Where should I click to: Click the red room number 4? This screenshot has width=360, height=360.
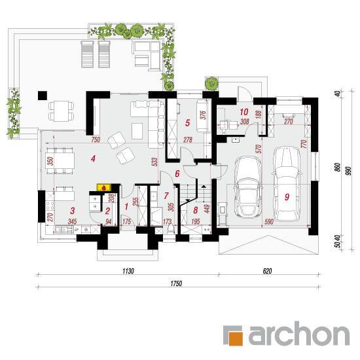[x=93, y=158]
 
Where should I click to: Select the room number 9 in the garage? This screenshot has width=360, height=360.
[x=287, y=197]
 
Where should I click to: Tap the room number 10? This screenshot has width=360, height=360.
[x=244, y=112]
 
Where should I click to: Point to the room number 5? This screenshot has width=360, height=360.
[x=188, y=123]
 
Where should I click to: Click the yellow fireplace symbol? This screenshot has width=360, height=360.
[x=104, y=187]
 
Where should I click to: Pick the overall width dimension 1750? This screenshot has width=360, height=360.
[x=176, y=283]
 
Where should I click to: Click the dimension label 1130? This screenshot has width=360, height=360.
[x=128, y=271]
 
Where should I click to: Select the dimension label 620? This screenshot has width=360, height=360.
[x=267, y=271]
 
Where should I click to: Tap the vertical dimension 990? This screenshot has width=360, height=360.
[x=349, y=171]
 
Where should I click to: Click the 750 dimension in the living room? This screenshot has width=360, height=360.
[x=96, y=139]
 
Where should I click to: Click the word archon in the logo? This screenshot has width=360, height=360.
[x=299, y=334]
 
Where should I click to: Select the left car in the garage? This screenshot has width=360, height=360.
[x=247, y=187]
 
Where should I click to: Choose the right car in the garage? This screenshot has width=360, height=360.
[x=286, y=183]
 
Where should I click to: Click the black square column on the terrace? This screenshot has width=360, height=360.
[x=43, y=96]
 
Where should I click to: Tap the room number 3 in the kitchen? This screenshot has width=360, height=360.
[x=73, y=210]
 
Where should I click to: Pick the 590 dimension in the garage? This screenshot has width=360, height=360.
[x=269, y=221]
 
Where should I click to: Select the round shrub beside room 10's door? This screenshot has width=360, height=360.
[x=211, y=83]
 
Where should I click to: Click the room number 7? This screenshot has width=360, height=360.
[x=166, y=196]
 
